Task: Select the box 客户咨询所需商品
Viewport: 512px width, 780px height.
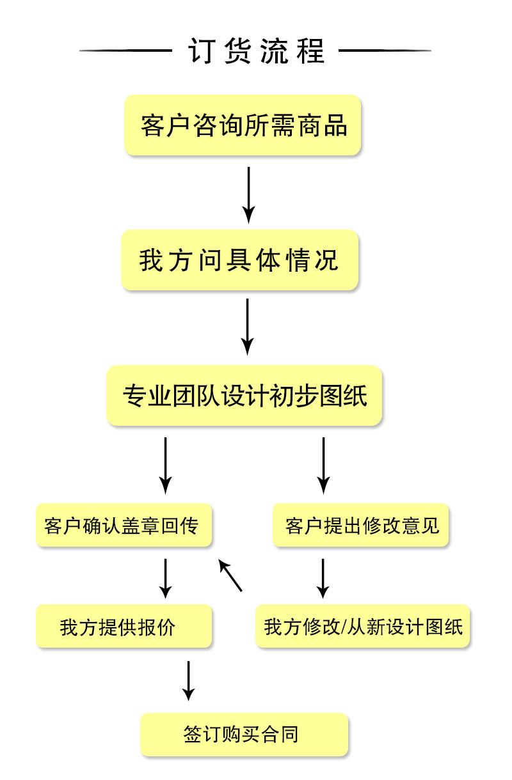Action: pos(243,125)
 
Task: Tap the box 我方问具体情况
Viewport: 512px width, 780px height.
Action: pos(240,260)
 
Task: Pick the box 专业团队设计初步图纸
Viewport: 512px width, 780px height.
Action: pos(244,395)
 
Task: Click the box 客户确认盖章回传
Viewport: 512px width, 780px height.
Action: pos(124,526)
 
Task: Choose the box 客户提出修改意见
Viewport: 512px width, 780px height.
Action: pos(362,526)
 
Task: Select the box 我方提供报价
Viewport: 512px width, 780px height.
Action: pos(124,627)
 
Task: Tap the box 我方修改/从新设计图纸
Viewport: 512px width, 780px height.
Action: pos(363,627)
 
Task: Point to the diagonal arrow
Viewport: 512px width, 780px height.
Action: pos(230,575)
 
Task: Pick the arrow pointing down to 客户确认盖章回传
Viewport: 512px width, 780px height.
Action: pos(166,464)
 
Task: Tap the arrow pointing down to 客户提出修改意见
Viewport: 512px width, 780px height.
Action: pos(324,464)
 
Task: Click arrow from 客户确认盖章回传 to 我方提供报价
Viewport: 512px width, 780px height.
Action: pos(166,577)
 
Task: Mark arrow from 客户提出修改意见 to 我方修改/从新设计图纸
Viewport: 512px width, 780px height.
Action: pos(324,577)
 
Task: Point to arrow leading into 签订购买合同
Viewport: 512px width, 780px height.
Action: pos(188,680)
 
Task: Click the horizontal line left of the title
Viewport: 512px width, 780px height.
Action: pos(125,51)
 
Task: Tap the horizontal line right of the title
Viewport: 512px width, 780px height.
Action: pos(385,51)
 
